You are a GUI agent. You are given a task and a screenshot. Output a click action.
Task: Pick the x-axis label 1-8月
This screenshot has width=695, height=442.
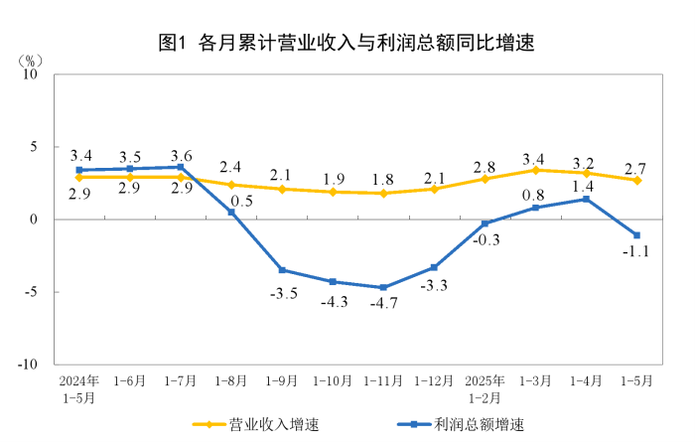click(x=231, y=381)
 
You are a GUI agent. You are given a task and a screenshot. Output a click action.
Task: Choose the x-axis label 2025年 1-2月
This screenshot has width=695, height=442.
click(x=486, y=388)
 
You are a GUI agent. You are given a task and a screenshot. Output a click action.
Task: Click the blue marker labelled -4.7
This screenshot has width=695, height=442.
click(x=383, y=287)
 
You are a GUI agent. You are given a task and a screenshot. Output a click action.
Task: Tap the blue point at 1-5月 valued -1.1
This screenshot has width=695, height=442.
click(x=637, y=235)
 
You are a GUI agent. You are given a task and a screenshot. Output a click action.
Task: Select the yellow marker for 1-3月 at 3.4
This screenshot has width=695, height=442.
click(x=536, y=170)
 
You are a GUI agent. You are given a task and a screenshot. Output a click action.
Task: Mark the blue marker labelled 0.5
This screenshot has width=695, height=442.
click(x=231, y=212)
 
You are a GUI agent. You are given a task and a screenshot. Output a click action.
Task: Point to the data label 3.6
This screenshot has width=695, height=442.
click(x=182, y=156)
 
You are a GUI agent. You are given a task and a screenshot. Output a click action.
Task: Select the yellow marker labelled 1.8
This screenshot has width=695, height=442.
click(x=383, y=193)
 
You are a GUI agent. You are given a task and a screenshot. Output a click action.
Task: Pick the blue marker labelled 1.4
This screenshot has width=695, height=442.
click(x=587, y=199)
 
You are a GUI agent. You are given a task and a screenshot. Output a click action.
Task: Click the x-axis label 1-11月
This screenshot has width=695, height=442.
click(x=383, y=381)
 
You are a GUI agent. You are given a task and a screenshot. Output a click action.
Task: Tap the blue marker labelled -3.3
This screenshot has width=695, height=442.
click(x=434, y=267)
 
